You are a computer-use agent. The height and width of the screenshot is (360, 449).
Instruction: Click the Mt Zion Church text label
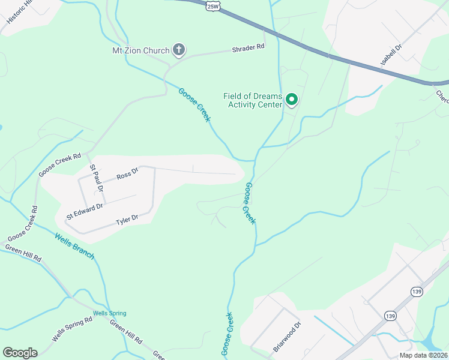pyautogui.click(x=141, y=50)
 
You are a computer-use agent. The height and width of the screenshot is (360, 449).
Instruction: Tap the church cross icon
pyautogui.click(x=178, y=50)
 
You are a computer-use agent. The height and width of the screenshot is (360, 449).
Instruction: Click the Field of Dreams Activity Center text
pyautogui.click(x=253, y=100)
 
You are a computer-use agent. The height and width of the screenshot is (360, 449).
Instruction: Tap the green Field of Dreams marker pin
pyautogui.click(x=292, y=99)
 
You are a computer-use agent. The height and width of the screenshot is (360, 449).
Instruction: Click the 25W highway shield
pyautogui.click(x=211, y=5)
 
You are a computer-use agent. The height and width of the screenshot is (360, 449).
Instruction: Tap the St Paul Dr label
pyautogui.click(x=97, y=179)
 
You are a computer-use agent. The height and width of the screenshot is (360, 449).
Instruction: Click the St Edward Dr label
pyautogui.click(x=85, y=211)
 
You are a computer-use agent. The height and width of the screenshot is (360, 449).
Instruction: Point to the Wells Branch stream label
pyautogui.click(x=74, y=245)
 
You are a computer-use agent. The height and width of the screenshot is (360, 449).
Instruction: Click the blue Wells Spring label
pyautogui.click(x=109, y=313)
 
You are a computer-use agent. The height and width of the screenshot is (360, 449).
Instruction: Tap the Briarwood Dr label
pyautogui.click(x=287, y=337)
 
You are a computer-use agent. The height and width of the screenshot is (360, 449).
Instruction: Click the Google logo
pyautogui.click(x=20, y=353)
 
